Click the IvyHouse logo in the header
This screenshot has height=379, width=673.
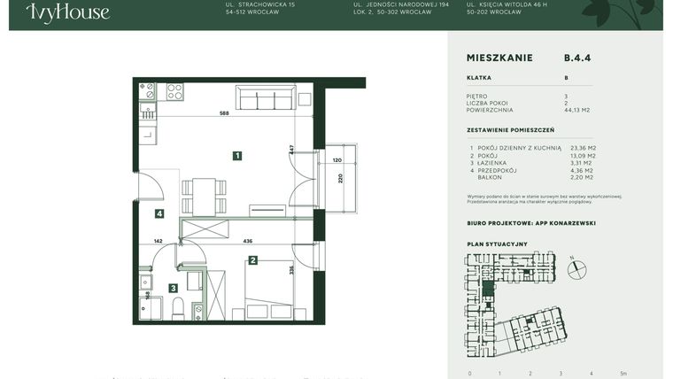coord(68,12)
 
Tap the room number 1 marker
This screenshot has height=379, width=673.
coord(237,156)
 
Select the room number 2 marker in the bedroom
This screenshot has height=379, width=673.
coord(253,260)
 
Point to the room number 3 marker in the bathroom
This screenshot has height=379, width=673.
coord(174,288)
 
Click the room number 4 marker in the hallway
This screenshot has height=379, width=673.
coord(159,213)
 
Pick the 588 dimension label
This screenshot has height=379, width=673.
coord(224,113)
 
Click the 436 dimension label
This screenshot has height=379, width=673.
coord(249,240)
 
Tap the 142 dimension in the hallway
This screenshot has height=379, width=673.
coord(159,240)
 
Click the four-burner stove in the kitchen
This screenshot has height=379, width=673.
coord(174,91)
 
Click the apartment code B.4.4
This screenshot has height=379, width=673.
coord(577,58)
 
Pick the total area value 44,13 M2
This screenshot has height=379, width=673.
coord(576,111)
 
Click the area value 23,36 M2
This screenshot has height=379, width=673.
coord(583,148)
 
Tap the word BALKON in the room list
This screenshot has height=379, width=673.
coord(491,177)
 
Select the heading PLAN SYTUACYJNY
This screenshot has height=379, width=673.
coord(497,244)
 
